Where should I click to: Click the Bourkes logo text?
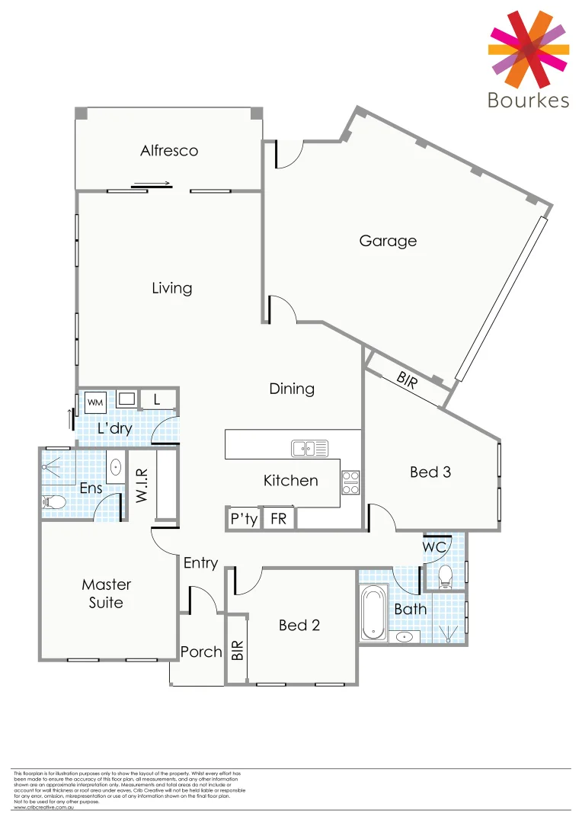click(x=528, y=100)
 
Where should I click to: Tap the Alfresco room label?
click(x=169, y=151)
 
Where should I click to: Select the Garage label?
click(x=388, y=241)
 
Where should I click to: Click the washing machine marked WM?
click(x=96, y=401)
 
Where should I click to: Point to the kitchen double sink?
click(x=309, y=448)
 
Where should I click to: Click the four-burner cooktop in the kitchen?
click(x=350, y=482)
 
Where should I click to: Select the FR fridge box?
click(x=279, y=519)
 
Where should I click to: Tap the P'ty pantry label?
click(x=244, y=519)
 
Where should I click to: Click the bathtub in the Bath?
click(x=373, y=613)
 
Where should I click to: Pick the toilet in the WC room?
click(x=446, y=577)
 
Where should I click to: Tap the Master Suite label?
click(x=107, y=593)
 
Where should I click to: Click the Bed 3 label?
click(x=430, y=472)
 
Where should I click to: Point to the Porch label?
click(x=201, y=652)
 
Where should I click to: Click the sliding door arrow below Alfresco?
click(x=151, y=183)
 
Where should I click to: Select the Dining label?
click(x=292, y=389)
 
